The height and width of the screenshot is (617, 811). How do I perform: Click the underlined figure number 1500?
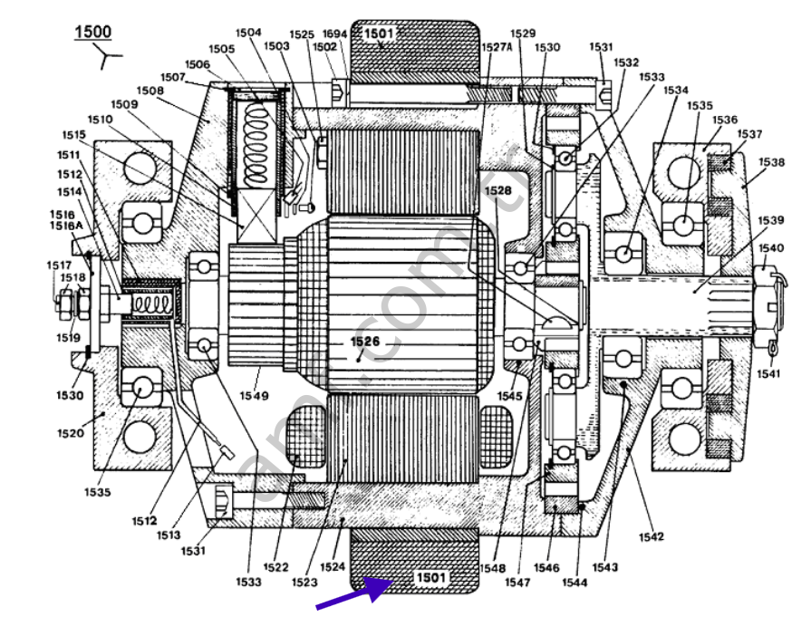click(x=92, y=32)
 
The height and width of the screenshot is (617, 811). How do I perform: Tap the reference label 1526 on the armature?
click(x=366, y=342)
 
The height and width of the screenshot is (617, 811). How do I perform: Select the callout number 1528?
click(x=497, y=191)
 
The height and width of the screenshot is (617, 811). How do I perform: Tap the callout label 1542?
click(x=651, y=536)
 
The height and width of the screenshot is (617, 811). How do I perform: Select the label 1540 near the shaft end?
click(x=771, y=247)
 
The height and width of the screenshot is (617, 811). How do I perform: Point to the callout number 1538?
click(x=771, y=163)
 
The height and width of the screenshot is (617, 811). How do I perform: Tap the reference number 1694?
click(x=335, y=34)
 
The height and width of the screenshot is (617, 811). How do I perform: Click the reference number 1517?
click(x=59, y=265)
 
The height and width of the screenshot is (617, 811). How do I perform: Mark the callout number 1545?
click(x=509, y=395)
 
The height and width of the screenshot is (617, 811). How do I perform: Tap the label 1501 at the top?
click(x=381, y=34)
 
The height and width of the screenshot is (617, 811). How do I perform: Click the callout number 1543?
click(x=605, y=567)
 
